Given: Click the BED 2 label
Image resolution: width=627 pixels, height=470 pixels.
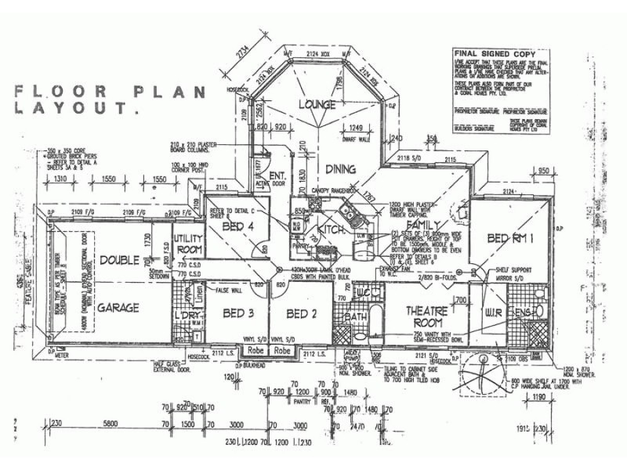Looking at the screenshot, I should pos(301,314).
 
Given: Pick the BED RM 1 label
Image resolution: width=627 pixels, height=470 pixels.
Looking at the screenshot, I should pos(511,237).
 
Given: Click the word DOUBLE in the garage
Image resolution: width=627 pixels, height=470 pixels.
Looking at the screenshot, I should pos(119,259).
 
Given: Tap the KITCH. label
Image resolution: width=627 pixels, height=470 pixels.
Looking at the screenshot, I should pos(332,230).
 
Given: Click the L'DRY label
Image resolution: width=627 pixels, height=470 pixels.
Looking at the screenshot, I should pos(186,315).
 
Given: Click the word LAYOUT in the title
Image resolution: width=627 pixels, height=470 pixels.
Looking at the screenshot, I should pos(74,109).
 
